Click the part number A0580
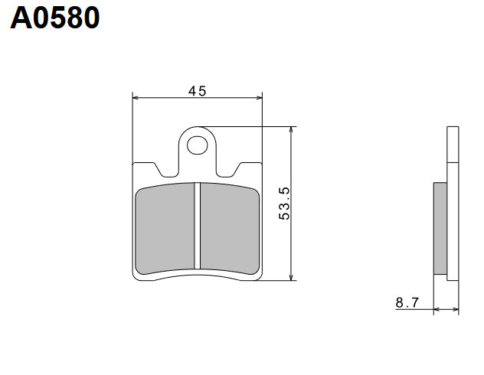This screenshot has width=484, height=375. pos(55,18)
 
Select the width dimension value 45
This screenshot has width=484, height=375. pos(198,90)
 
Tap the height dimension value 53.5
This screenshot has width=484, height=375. pos(284,203)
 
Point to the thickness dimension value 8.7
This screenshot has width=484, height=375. pos(407,303)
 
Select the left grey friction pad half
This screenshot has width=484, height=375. pos(165,227)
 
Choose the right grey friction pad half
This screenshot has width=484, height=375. pos(230,227)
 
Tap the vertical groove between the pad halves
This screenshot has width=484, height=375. pos(198,227)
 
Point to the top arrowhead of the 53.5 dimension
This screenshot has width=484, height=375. pos(291,130)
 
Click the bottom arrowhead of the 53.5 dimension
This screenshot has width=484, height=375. pos(291,276)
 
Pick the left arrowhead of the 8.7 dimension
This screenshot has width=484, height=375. pos(437,310)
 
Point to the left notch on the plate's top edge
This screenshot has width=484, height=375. pos(158,168)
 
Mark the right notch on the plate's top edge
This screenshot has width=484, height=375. pos(237,168)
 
